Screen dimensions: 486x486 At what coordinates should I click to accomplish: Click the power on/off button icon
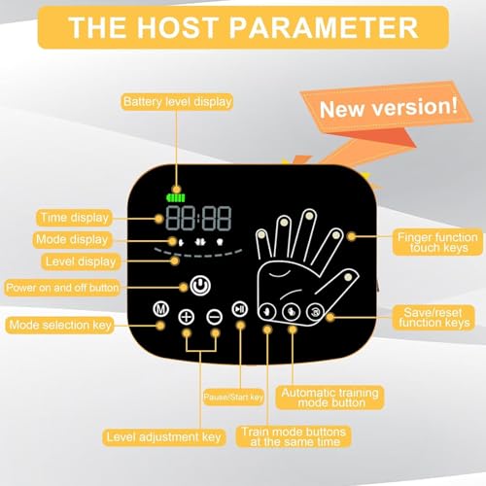pyautogui.click(x=200, y=286)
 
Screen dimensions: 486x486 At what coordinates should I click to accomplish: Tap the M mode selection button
pyautogui.click(x=161, y=309)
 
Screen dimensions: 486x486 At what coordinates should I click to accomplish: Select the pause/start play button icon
pyautogui.click(x=240, y=309)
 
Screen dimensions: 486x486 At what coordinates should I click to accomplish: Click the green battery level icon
pyautogui.click(x=176, y=197)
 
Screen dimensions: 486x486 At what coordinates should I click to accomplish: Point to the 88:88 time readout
pyautogui.click(x=198, y=218)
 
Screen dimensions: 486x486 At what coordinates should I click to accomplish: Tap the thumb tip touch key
pyautogui.click(x=348, y=277)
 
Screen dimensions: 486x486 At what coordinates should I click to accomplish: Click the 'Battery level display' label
pyautogui.click(x=178, y=102)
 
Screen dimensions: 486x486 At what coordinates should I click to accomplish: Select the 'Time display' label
pyautogui.click(x=74, y=218)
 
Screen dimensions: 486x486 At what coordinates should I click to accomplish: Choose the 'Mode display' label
pyautogui.click(x=72, y=240)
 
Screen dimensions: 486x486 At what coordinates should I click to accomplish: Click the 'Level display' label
pyautogui.click(x=81, y=261)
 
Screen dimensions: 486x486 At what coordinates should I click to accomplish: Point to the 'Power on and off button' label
pyautogui.click(x=62, y=288)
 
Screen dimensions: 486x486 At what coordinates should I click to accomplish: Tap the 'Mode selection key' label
pyautogui.click(x=60, y=325)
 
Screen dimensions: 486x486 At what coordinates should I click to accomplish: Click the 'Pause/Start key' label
pyautogui.click(x=233, y=398)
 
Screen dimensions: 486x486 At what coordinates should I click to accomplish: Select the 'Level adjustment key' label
pyautogui.click(x=164, y=437)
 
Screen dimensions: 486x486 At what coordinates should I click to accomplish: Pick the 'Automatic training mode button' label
pyautogui.click(x=330, y=398)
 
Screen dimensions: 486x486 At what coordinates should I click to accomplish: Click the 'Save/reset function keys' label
pyautogui.click(x=434, y=318)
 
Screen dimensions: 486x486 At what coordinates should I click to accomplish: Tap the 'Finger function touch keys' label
pyautogui.click(x=437, y=242)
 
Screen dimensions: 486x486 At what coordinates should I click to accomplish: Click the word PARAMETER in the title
pyautogui.click(x=324, y=27)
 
